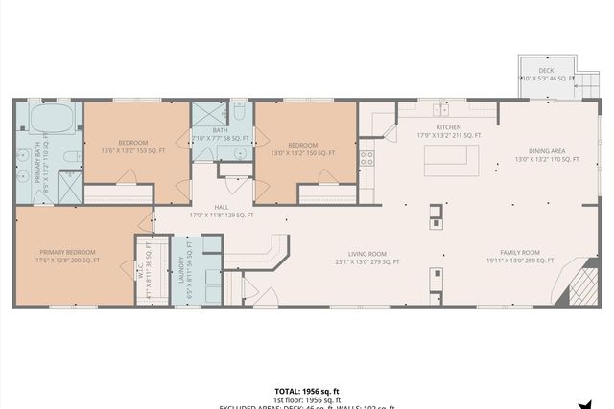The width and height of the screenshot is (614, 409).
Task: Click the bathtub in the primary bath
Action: [52, 120]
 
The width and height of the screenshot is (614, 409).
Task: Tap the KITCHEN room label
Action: [449, 127]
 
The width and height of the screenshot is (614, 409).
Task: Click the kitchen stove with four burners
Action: [366, 158]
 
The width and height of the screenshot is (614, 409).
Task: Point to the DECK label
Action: [546, 70]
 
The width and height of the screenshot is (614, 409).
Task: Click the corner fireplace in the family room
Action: [582, 284]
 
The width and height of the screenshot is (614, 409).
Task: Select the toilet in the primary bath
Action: [71, 156]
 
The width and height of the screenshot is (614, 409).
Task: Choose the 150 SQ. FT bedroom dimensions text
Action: [299, 151]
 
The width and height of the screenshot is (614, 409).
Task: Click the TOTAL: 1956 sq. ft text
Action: [306, 391]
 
